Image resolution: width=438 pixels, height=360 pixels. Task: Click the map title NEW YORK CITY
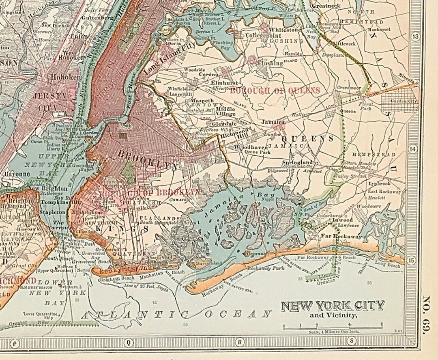pos(333,306)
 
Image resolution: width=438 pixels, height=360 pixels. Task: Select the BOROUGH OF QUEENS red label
pos(275,91)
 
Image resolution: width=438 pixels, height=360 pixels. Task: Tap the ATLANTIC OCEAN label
pos(176,314)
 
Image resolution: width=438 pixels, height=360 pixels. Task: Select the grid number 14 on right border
pos(413,149)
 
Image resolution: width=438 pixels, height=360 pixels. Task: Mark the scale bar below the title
pos(333,326)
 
